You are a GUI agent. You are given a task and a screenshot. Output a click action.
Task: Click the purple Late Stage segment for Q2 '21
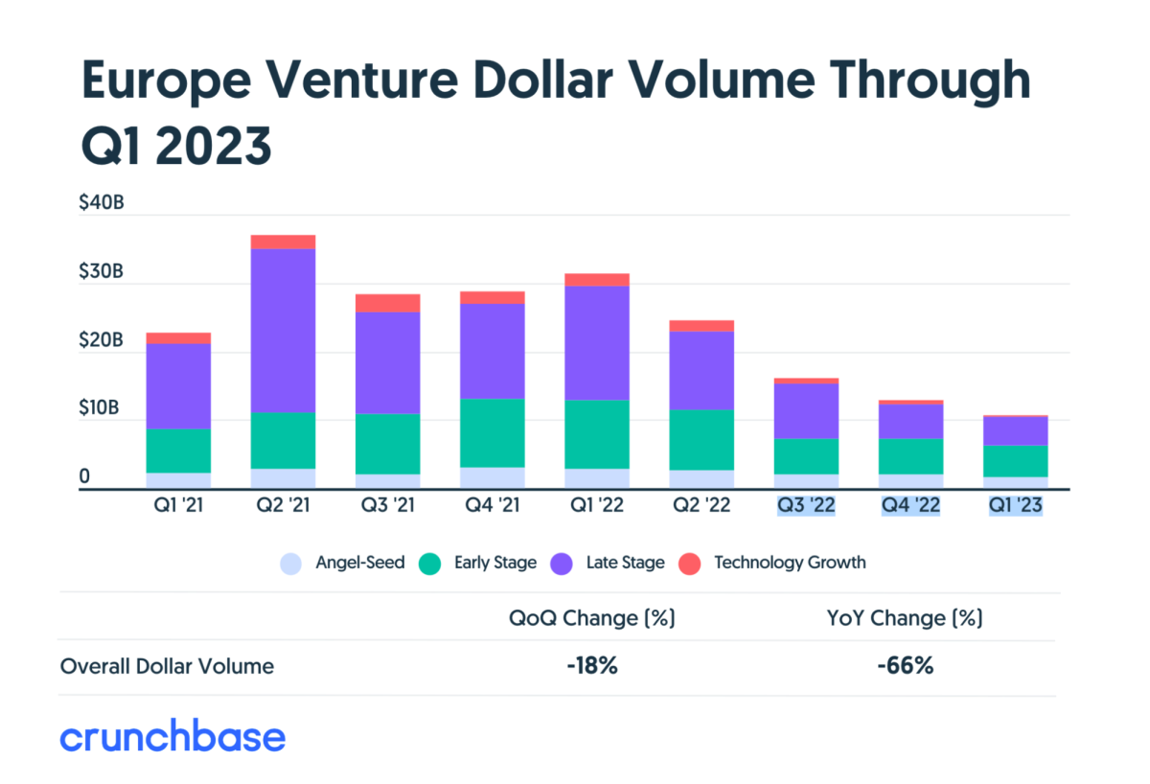tap(283, 331)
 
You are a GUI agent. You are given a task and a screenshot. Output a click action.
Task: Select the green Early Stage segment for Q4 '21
tap(492, 432)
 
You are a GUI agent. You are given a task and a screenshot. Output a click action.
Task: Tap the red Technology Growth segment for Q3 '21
tap(387, 303)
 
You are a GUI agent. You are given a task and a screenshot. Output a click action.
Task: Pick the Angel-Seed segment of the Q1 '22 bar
tap(596, 478)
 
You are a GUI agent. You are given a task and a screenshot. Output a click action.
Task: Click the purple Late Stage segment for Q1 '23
tap(1015, 431)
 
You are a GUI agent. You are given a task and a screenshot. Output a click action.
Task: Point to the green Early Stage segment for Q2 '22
tap(701, 440)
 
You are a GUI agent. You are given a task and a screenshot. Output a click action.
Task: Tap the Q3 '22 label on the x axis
tap(805, 505)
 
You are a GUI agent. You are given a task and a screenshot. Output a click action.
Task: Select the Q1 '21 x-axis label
tap(178, 505)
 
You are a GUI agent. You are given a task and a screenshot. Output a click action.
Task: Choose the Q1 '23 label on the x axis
tap(1015, 505)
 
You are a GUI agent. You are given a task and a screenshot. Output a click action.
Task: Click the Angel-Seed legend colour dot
tap(291, 564)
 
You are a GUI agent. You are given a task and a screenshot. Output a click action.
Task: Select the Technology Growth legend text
tap(790, 563)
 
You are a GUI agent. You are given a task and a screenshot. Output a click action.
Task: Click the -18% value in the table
tap(591, 666)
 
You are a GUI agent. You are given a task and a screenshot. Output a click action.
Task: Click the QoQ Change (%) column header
tap(591, 618)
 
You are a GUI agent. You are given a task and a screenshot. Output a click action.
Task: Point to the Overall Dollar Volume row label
tap(167, 666)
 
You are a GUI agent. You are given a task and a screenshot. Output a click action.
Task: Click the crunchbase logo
tap(172, 737)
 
